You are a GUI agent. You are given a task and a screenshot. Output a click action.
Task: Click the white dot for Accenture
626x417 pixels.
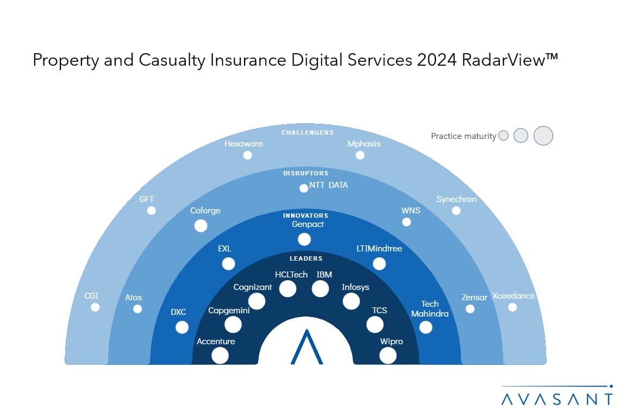click(220, 356)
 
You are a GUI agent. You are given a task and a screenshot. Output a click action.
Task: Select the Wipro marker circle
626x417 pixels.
click(388, 356)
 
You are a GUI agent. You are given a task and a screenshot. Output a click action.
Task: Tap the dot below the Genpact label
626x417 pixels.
click(304, 239)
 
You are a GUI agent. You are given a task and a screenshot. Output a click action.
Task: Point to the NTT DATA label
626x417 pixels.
click(328, 185)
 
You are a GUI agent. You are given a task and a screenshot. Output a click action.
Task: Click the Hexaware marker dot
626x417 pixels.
click(248, 155)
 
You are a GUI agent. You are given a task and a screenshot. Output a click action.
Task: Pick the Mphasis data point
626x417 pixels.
click(360, 155)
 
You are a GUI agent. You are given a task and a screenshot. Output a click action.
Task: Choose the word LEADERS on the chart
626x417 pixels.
click(306, 258)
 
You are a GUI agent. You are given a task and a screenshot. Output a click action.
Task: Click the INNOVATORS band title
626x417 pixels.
click(305, 216)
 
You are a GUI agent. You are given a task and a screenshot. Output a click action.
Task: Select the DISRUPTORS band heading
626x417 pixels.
click(305, 173)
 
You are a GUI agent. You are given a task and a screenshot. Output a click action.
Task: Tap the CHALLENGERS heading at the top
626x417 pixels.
click(308, 132)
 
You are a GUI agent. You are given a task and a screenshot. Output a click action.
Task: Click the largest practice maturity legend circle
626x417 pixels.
click(543, 136)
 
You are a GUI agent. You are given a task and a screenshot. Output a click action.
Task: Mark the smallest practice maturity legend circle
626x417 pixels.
click(504, 136)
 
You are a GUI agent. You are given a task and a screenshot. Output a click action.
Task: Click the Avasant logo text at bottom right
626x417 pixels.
click(556, 399)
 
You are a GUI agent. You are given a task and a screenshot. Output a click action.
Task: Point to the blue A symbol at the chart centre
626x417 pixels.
click(306, 347)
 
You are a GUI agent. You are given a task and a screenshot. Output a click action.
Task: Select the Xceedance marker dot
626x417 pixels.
click(512, 307)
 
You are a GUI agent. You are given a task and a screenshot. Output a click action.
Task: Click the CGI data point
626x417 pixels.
click(95, 307)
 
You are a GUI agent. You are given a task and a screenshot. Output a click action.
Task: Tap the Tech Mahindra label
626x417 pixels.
click(430, 309)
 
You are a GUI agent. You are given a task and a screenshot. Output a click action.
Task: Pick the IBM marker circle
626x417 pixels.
click(321, 289)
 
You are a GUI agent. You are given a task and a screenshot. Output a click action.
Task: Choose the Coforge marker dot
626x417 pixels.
click(201, 226)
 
